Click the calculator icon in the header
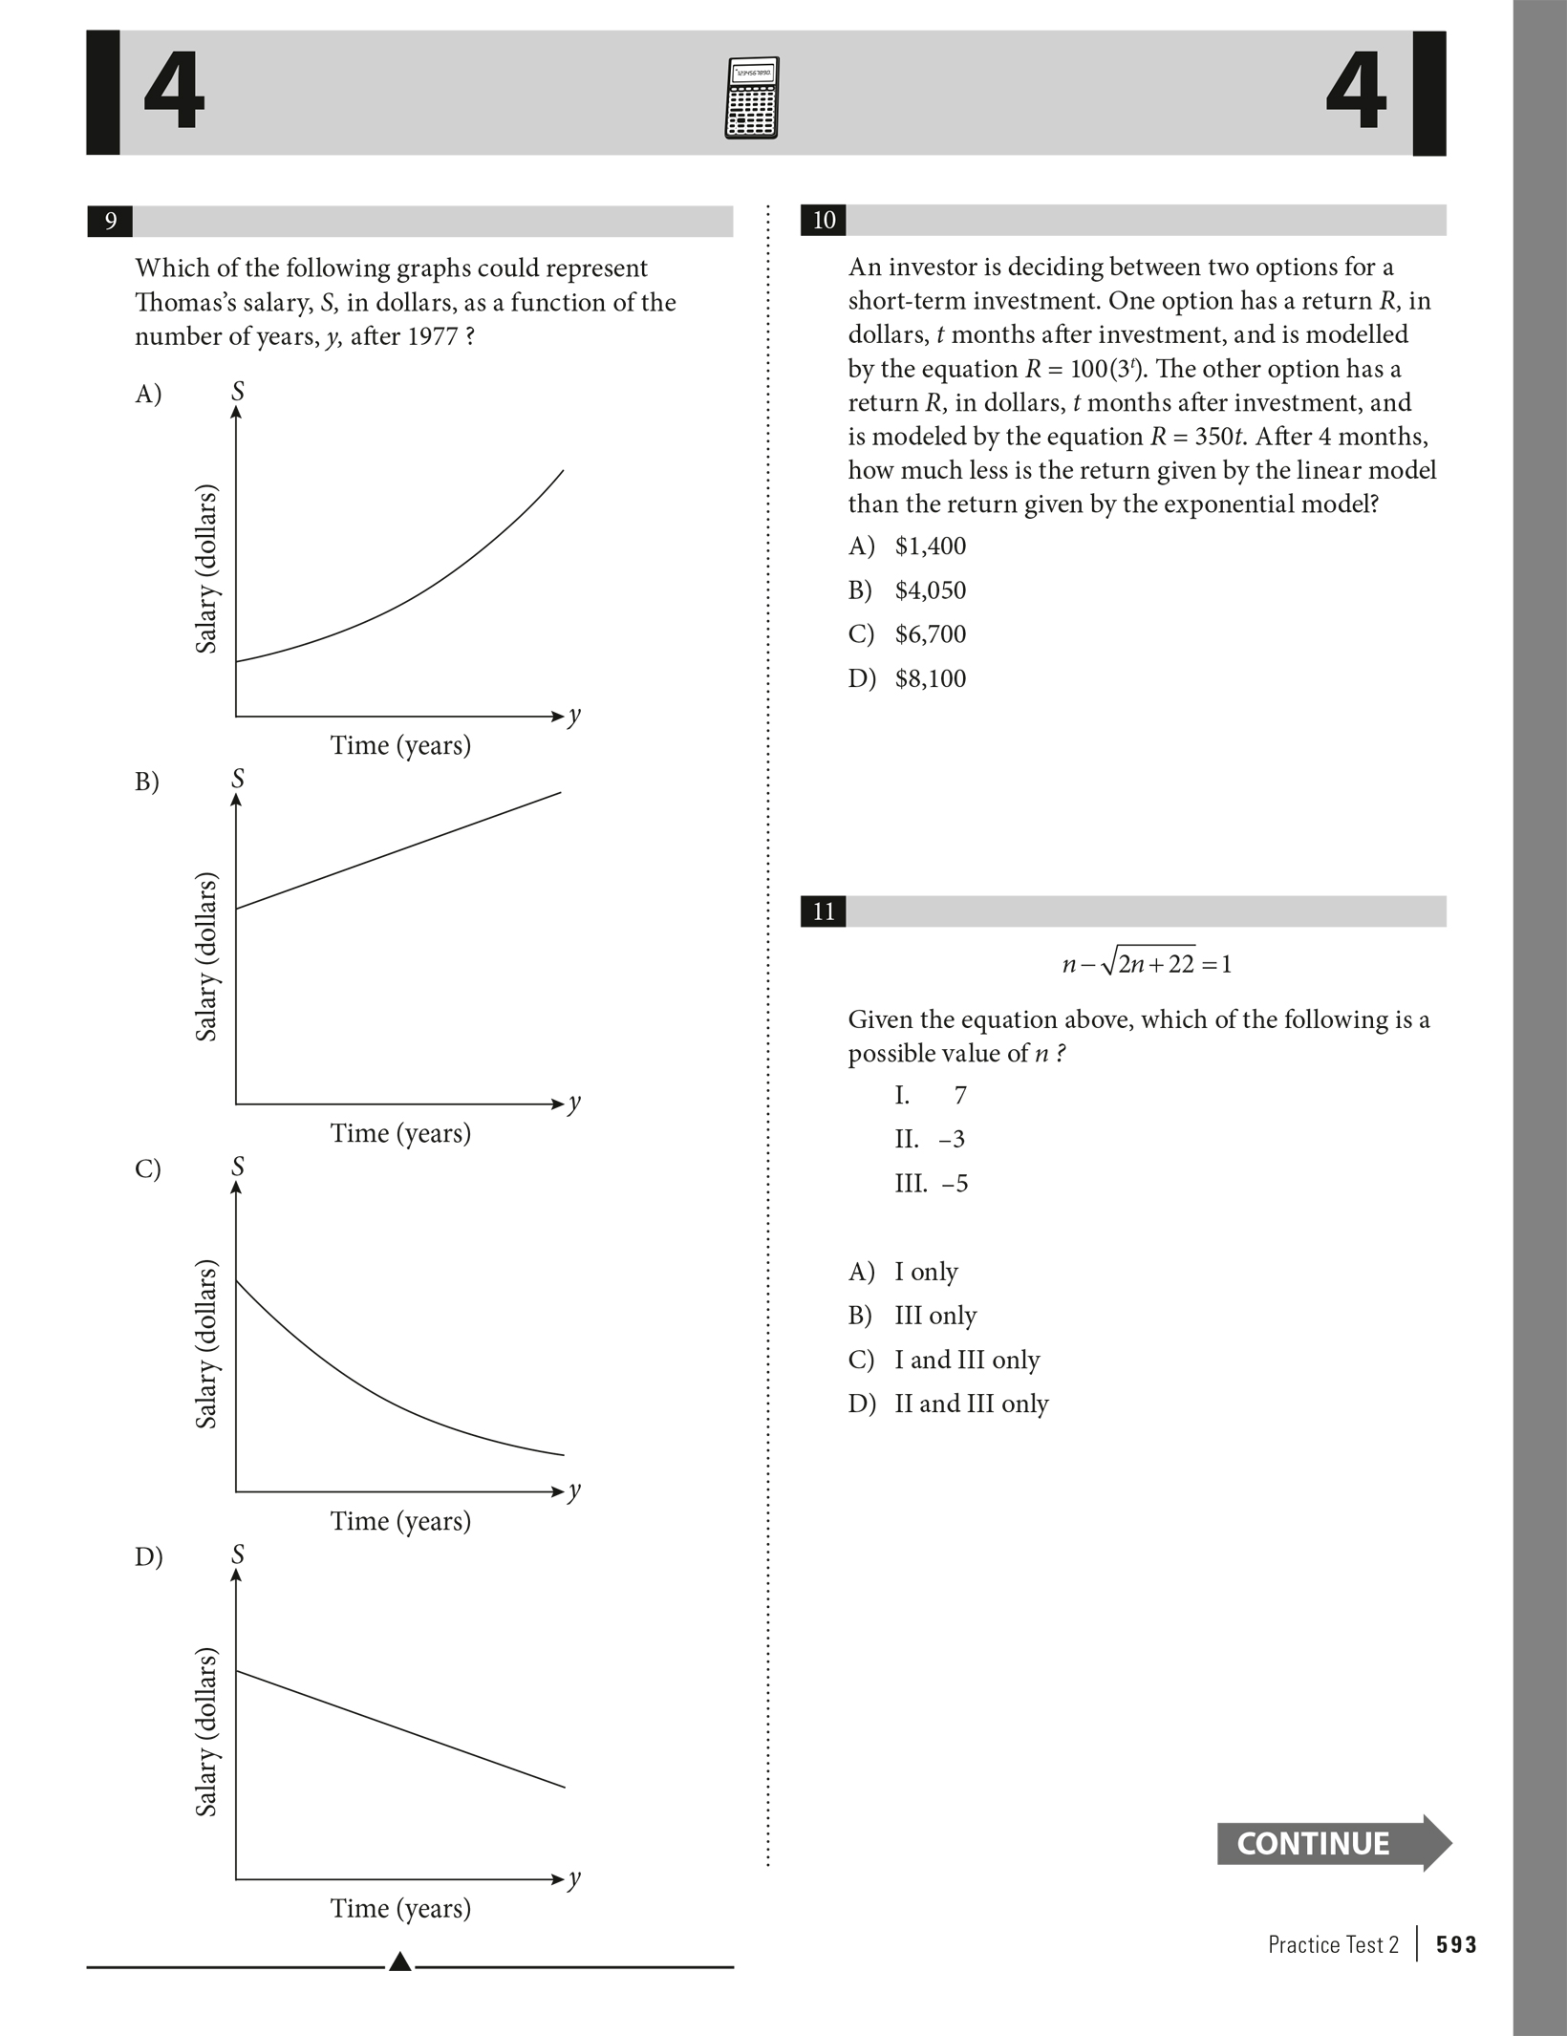click(752, 97)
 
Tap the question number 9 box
click(110, 222)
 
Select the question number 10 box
click(823, 221)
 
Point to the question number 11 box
click(823, 911)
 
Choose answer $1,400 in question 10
click(930, 547)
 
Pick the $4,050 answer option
click(930, 590)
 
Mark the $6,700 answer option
click(930, 634)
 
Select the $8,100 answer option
click(930, 678)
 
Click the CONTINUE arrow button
click(1332, 1843)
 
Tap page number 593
click(1456, 1944)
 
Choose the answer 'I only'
click(925, 1272)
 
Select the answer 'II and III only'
click(971, 1404)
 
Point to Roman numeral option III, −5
click(932, 1184)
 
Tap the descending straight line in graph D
click(401, 1729)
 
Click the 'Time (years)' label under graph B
click(400, 1133)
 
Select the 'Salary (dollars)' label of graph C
click(206, 1344)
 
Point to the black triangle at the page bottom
click(400, 1962)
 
